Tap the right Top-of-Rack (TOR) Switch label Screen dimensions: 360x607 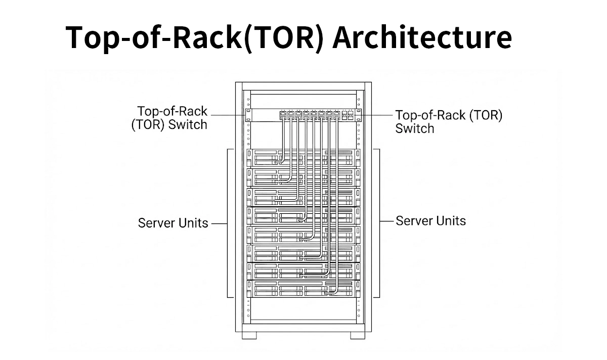[449, 122]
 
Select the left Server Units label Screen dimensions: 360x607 [173, 223]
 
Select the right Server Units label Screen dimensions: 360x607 [430, 221]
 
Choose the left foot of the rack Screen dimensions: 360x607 [249, 335]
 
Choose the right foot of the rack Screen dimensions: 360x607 [357, 335]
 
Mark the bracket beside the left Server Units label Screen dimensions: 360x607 [230, 223]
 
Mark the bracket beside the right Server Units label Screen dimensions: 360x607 [377, 223]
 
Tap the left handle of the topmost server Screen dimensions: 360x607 [249, 158]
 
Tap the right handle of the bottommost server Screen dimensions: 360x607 [358, 288]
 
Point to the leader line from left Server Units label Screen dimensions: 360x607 [218, 223]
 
